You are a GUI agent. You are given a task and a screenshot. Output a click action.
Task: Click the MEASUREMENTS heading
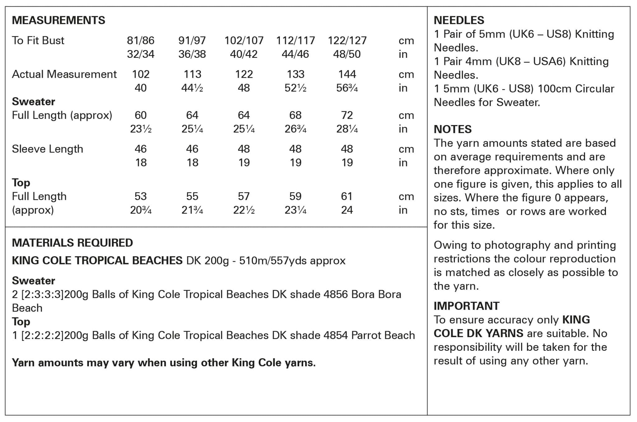[58, 20]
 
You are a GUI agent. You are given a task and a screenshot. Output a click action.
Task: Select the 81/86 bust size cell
[141, 40]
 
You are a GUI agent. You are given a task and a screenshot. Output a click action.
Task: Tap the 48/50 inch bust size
[347, 54]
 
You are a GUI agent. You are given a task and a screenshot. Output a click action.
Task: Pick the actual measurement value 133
[295, 74]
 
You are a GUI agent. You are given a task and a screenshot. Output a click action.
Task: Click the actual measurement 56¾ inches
[347, 88]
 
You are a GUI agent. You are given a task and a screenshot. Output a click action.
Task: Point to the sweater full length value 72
[347, 115]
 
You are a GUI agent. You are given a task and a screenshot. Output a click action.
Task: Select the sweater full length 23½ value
[141, 129]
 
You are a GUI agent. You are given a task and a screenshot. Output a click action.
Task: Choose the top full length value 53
[141, 196]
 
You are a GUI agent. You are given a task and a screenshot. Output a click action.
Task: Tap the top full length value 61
[347, 196]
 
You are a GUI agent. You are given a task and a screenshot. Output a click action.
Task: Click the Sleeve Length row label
[48, 149]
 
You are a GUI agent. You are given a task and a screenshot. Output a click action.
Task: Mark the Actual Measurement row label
[64, 74]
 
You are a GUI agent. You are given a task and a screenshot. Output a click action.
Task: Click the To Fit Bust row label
[38, 40]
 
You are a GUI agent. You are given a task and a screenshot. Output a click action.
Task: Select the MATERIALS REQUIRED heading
[72, 243]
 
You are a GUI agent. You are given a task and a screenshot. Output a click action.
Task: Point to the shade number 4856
[335, 294]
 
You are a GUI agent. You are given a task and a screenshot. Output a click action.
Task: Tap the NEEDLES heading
[459, 20]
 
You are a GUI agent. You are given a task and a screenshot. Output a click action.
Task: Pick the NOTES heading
[453, 129]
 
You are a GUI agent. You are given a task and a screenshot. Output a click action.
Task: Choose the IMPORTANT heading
[467, 306]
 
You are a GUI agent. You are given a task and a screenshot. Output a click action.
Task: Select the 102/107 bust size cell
[244, 40]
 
